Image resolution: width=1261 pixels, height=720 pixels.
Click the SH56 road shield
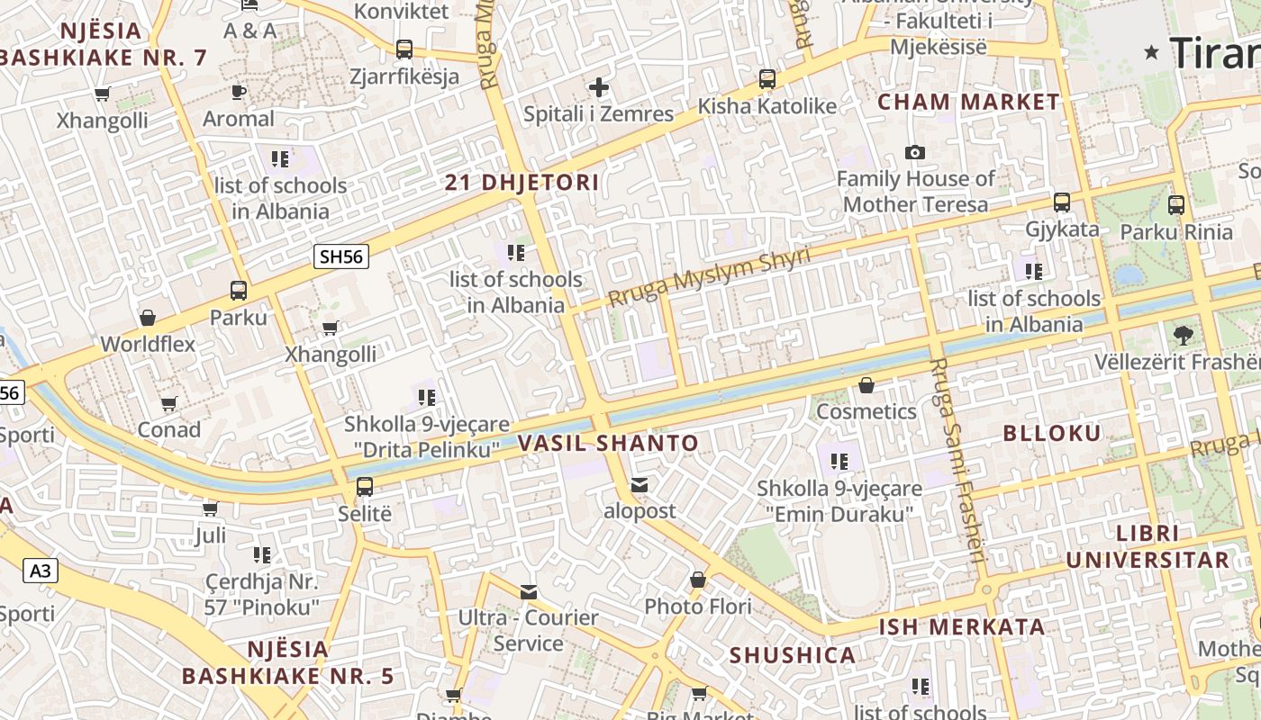coord(341,256)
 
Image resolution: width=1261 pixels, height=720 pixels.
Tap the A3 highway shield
coord(40,571)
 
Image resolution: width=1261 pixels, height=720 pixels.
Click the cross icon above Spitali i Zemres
coord(598,87)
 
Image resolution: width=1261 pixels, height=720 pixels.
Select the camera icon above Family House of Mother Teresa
coord(915,153)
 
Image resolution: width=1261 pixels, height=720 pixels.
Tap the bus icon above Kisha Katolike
coord(767,79)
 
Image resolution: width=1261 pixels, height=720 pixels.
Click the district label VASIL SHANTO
coord(608,443)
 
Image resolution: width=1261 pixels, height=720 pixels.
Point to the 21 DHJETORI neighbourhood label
coord(522,183)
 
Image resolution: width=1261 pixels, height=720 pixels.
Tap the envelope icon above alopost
coord(639,485)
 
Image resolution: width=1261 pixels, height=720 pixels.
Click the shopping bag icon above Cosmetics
coord(866,385)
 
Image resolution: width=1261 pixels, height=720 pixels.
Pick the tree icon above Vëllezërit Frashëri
coord(1184,336)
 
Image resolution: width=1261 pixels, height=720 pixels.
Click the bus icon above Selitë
coord(364,487)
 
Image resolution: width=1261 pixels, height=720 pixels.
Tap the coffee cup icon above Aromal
coord(238,92)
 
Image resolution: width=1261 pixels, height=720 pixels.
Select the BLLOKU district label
coord(1052,433)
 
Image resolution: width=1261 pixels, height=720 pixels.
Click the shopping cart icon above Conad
coord(168,403)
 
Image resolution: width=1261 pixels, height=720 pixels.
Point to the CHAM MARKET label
coord(968,102)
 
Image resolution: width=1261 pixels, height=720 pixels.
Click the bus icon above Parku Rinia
coord(1175,205)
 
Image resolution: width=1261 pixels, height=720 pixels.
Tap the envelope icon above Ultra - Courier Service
coord(528,591)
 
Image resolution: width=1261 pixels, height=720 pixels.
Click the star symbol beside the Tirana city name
coord(1151,52)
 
